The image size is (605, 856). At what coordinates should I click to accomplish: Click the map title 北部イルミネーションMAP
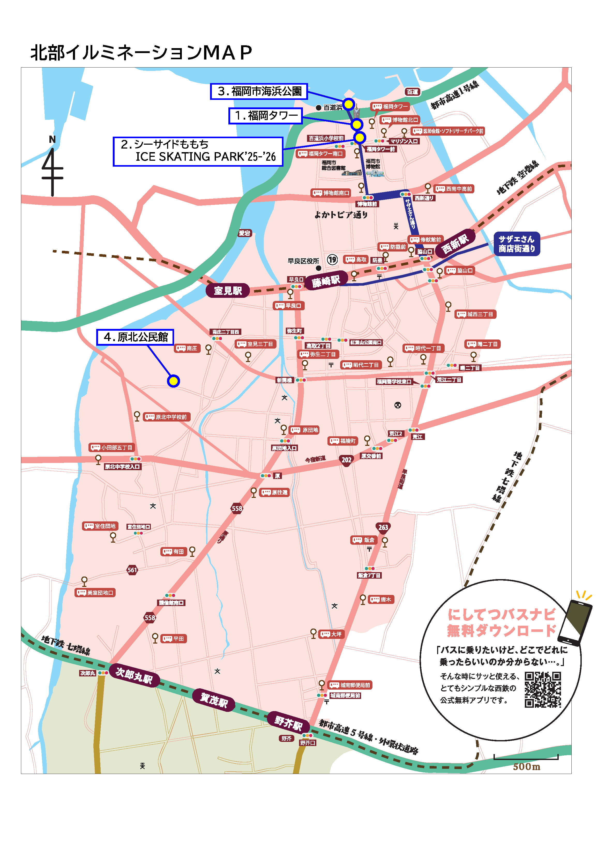click(141, 53)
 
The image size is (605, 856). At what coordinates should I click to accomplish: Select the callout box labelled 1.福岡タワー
click(265, 116)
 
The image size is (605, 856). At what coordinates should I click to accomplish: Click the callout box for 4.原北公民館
click(135, 337)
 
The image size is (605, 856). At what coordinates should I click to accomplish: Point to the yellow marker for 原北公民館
click(173, 381)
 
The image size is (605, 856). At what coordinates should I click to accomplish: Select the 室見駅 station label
click(228, 290)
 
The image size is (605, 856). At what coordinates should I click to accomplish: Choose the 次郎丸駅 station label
click(134, 675)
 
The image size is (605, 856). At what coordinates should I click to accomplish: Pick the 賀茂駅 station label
click(214, 700)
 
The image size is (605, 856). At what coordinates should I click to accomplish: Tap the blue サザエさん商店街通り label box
click(516, 244)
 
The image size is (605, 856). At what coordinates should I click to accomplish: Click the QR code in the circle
click(542, 690)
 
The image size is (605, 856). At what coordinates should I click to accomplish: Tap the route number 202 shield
click(346, 460)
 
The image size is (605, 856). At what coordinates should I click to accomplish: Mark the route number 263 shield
click(383, 527)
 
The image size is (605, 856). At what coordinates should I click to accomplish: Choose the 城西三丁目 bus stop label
click(475, 314)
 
